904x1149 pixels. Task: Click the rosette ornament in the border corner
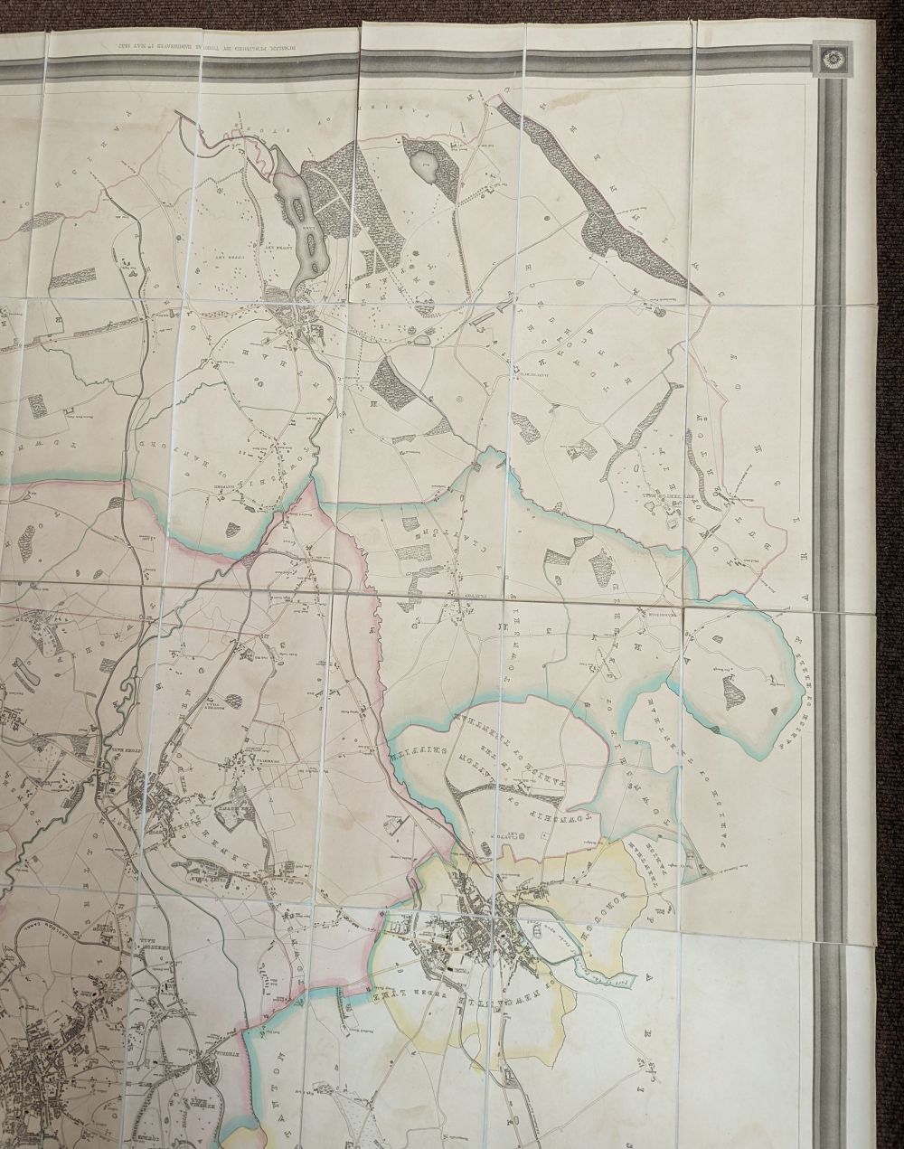click(x=830, y=59)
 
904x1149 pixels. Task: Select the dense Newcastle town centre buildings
click(x=479, y=931)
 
